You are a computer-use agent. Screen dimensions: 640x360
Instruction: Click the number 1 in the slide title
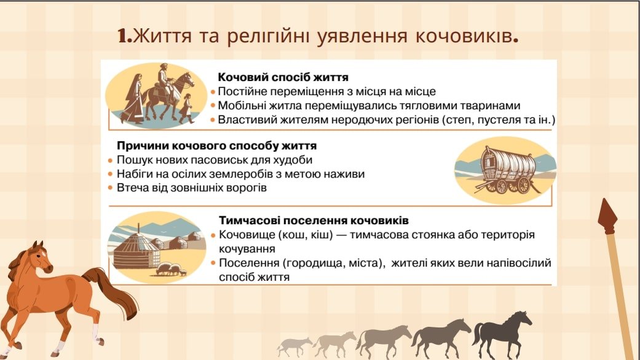[x=122, y=36]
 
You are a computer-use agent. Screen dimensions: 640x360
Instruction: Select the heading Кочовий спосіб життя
[x=283, y=77]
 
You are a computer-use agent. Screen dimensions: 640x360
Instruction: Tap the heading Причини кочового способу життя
[x=217, y=146]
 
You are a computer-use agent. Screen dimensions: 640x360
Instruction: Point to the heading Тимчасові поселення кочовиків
[x=314, y=220]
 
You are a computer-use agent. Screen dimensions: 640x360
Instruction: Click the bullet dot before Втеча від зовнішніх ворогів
[x=110, y=188]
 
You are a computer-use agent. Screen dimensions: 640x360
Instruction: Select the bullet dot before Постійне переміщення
[x=213, y=92]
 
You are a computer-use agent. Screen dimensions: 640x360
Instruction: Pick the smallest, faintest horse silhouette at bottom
[x=294, y=346]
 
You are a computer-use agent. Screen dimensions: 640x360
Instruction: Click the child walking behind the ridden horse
[x=187, y=108]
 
